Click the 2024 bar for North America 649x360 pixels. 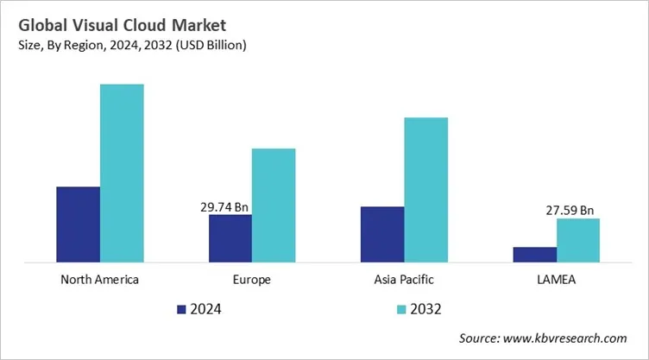point(79,224)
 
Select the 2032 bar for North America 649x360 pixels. point(122,173)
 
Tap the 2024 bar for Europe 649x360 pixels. point(230,238)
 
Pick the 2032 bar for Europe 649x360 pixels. point(274,205)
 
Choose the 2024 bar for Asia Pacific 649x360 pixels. point(382,234)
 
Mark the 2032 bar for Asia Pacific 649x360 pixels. point(425,189)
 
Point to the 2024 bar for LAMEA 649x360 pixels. point(534,254)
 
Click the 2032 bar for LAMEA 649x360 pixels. point(577,240)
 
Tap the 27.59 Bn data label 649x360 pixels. point(570,210)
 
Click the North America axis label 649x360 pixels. point(100,280)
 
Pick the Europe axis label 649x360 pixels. point(251,280)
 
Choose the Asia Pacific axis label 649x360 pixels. point(404,280)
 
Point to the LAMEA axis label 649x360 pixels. point(556,280)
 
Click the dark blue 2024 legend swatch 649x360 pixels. point(181,308)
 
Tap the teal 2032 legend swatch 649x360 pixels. point(402,308)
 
